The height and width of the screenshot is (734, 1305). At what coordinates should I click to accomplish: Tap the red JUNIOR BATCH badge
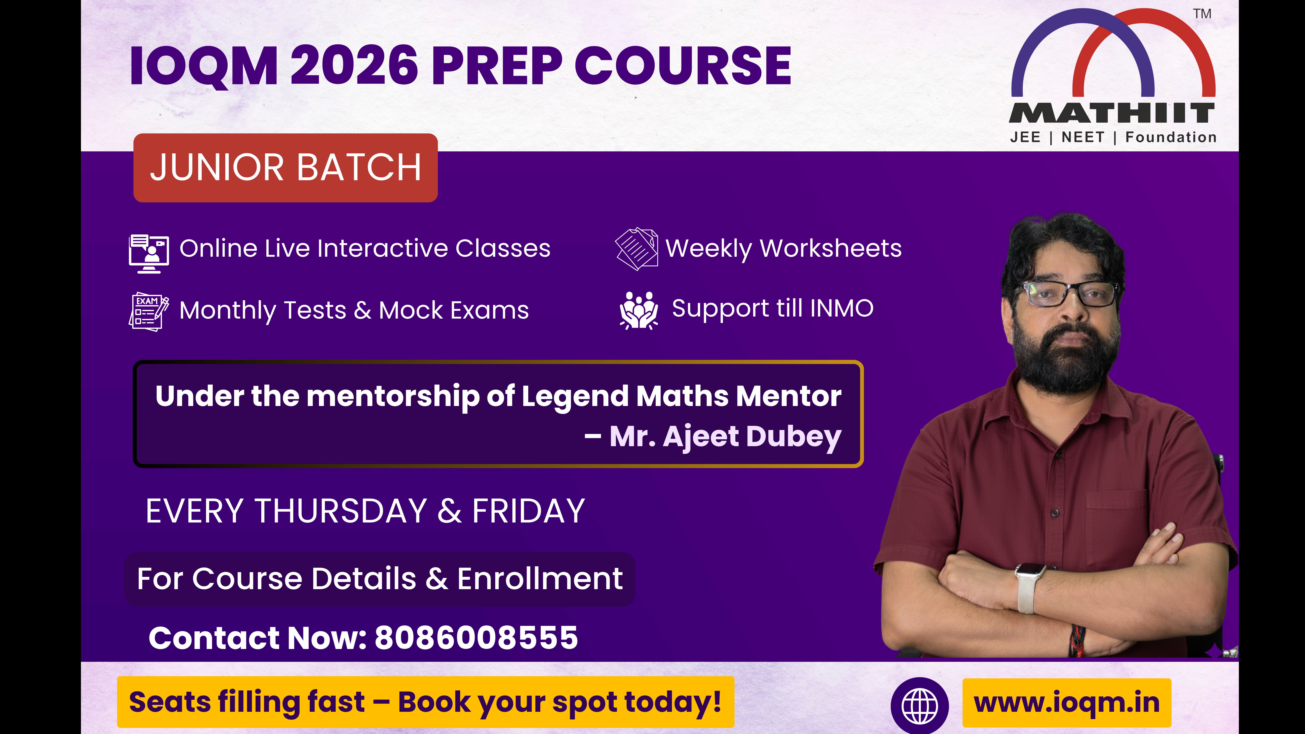pyautogui.click(x=285, y=168)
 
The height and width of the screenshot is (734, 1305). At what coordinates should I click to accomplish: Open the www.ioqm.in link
pyautogui.click(x=1067, y=703)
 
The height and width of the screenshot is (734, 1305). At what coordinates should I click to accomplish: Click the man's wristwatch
pyautogui.click(x=1028, y=588)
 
